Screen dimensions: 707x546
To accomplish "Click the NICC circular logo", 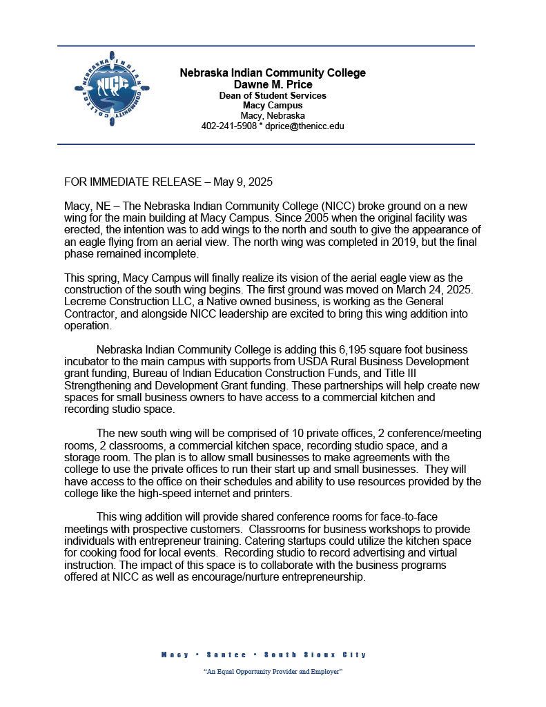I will [112, 88].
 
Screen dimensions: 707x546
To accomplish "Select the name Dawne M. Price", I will [273, 84].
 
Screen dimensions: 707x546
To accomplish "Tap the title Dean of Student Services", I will [273, 95].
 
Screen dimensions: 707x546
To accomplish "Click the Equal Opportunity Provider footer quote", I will [273, 672].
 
